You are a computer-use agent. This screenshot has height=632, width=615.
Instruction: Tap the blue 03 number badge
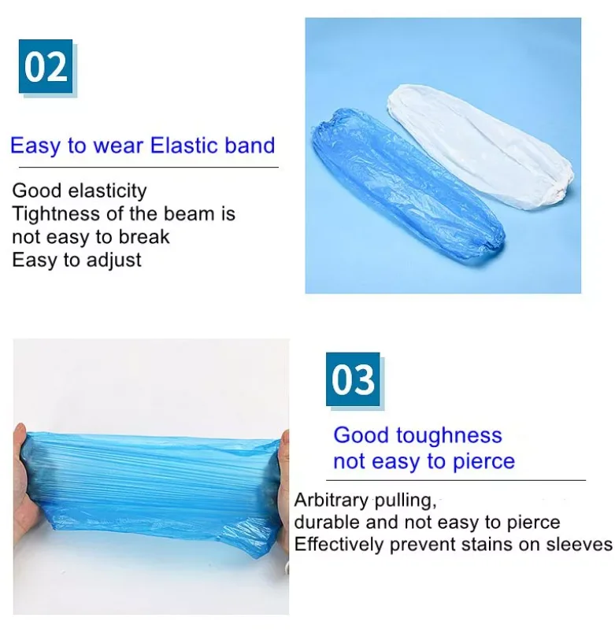click(x=353, y=379)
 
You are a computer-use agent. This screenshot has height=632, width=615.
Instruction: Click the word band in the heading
click(x=251, y=146)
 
